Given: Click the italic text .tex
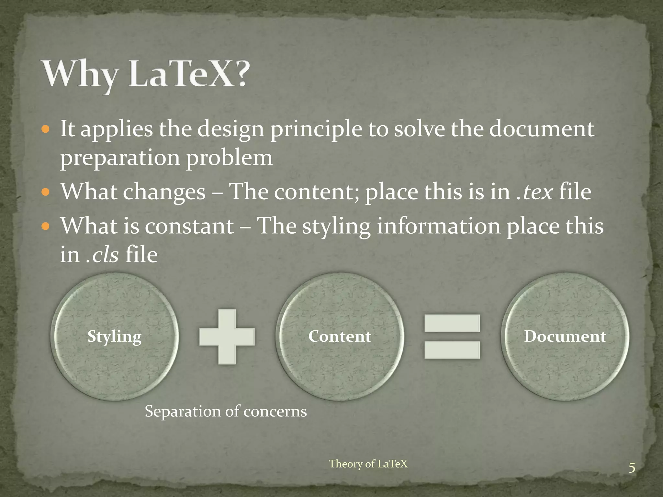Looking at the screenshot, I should coord(534,192).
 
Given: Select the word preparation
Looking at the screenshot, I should coord(120,158).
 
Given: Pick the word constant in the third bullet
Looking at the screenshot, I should coord(189,226).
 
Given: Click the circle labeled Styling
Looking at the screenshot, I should coord(114,337).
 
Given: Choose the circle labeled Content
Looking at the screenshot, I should coord(340,337).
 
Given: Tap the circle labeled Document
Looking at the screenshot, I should coord(565,337).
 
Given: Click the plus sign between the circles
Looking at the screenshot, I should coord(227,337).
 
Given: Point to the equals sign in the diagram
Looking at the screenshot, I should coord(452,337).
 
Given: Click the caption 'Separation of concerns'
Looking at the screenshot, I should coord(226,412).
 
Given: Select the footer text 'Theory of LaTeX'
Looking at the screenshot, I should coord(368,464).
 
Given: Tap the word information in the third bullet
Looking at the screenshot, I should coord(439,226).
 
